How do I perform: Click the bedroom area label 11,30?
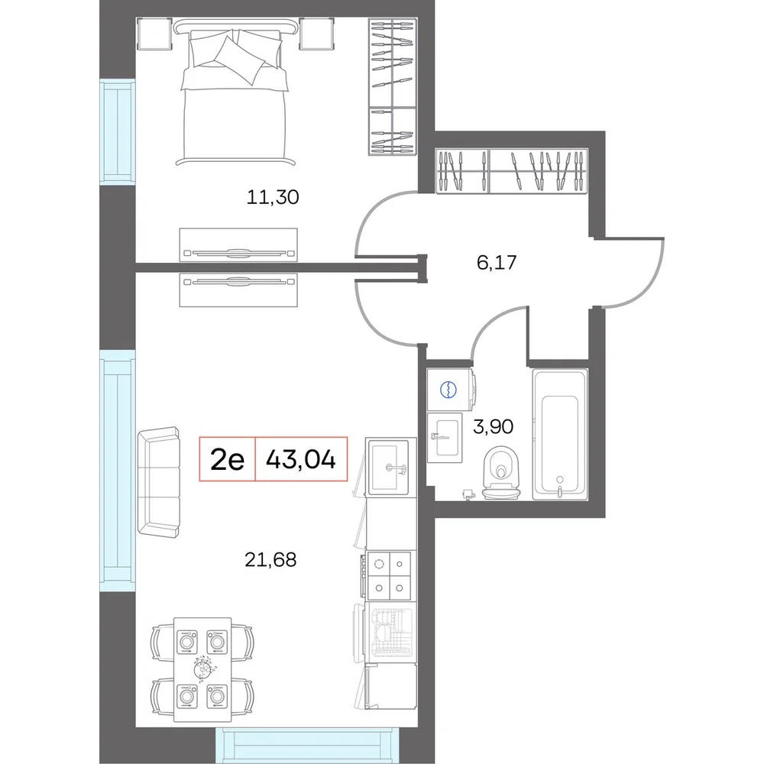(x=273, y=197)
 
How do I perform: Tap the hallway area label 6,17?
(x=497, y=263)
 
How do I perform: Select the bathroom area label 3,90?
(x=493, y=427)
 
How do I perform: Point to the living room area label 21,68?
(x=270, y=560)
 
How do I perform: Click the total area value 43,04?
(x=301, y=459)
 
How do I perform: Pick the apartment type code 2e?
(x=227, y=459)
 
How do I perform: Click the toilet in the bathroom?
(x=501, y=474)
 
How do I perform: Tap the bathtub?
(x=560, y=435)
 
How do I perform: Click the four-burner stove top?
(x=390, y=575)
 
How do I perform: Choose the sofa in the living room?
(x=158, y=482)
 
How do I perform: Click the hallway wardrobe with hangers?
(x=512, y=170)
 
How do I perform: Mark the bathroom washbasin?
(x=445, y=438)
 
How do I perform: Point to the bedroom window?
(x=118, y=132)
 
